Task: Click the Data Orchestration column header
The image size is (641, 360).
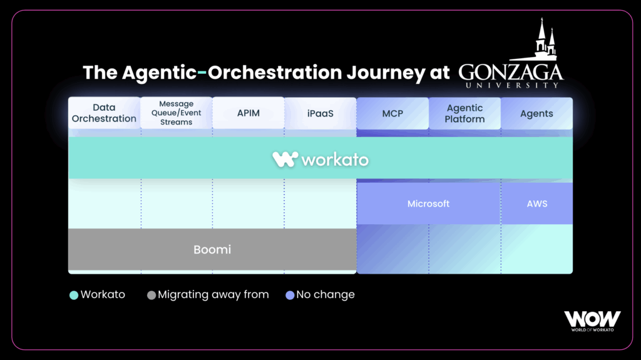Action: pyautogui.click(x=105, y=113)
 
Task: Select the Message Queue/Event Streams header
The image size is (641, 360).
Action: pyautogui.click(x=176, y=113)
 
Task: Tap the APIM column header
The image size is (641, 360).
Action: pyautogui.click(x=248, y=113)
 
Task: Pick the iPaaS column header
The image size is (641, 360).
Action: pyautogui.click(x=320, y=113)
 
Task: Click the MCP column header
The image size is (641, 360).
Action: pyautogui.click(x=392, y=113)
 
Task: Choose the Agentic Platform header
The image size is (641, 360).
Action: pyautogui.click(x=465, y=113)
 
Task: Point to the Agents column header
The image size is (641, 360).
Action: pyautogui.click(x=536, y=113)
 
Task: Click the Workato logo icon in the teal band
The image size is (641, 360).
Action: pyautogui.click(x=285, y=159)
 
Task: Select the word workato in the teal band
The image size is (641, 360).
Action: pyautogui.click(x=336, y=160)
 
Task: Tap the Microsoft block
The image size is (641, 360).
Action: pyautogui.click(x=428, y=203)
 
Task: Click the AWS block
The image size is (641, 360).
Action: pyautogui.click(x=536, y=203)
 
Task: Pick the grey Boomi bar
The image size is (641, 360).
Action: pyautogui.click(x=212, y=250)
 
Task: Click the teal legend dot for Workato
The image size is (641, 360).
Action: pyautogui.click(x=74, y=296)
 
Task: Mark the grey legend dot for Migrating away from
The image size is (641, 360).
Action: pyautogui.click(x=151, y=296)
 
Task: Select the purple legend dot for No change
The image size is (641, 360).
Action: pyautogui.click(x=290, y=296)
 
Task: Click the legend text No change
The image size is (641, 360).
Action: pyautogui.click(x=326, y=294)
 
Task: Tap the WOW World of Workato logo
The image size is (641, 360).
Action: pyautogui.click(x=592, y=321)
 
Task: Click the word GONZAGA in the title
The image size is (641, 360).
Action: pyautogui.click(x=511, y=73)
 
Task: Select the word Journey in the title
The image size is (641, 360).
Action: pyautogui.click(x=386, y=73)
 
